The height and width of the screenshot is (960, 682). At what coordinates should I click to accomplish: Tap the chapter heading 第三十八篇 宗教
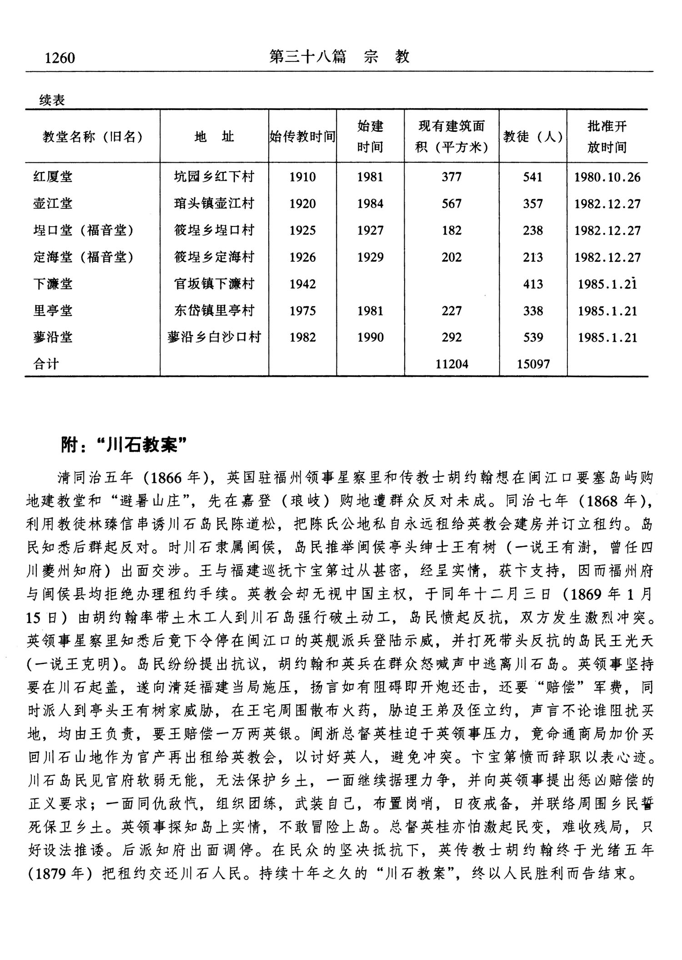pyautogui.click(x=339, y=56)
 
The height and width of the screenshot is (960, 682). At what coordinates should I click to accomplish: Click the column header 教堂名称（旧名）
pyautogui.click(x=92, y=136)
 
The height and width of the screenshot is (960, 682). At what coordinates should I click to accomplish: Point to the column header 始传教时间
pyautogui.click(x=302, y=136)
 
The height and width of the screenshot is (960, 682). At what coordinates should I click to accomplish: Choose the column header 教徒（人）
pyautogui.click(x=533, y=136)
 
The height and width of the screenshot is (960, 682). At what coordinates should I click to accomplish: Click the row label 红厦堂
pyautogui.click(x=53, y=176)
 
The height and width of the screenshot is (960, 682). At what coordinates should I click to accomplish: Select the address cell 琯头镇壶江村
pyautogui.click(x=214, y=203)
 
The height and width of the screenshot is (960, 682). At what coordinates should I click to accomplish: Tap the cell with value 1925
pyautogui.click(x=302, y=230)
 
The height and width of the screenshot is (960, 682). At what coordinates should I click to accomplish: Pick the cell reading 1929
pyautogui.click(x=370, y=257)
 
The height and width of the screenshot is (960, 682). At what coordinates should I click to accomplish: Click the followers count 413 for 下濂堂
pyautogui.click(x=533, y=284)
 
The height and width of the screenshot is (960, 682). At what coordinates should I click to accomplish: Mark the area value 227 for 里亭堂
pyautogui.click(x=451, y=311)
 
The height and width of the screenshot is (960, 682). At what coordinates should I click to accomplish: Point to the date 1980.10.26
pyautogui.click(x=607, y=177)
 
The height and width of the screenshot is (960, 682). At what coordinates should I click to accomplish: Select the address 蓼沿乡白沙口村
pyautogui.click(x=214, y=337)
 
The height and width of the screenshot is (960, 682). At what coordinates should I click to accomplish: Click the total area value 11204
pyautogui.click(x=451, y=364)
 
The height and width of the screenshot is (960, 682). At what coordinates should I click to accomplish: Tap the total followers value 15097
pyautogui.click(x=533, y=364)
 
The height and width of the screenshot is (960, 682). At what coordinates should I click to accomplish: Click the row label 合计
pyautogui.click(x=46, y=364)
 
